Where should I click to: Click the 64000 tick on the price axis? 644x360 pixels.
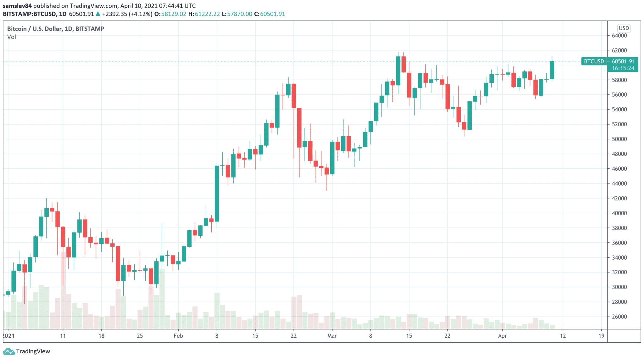tap(619, 36)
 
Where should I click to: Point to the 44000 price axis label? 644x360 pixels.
tap(619, 183)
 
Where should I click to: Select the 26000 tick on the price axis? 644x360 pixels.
tap(619, 317)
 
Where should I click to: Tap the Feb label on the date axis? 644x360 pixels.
tap(178, 336)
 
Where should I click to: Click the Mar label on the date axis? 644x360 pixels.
tap(332, 336)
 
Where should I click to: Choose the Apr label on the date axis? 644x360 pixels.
tap(502, 336)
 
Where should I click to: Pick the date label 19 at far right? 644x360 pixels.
tap(601, 336)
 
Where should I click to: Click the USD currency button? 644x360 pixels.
tap(624, 28)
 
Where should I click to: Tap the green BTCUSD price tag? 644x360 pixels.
tap(594, 61)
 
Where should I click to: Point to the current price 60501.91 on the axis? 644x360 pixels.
tap(623, 61)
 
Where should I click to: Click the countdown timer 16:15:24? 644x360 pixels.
tap(623, 68)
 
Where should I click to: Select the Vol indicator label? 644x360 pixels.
tap(12, 37)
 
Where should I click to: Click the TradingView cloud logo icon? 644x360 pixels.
tap(8, 351)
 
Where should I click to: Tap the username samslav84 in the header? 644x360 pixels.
tap(17, 6)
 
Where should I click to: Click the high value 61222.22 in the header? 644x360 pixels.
tap(207, 14)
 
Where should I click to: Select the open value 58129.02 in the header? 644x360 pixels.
tap(174, 14)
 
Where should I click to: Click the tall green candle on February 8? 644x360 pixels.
tap(217, 194)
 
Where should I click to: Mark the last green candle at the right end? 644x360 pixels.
tap(552, 70)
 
